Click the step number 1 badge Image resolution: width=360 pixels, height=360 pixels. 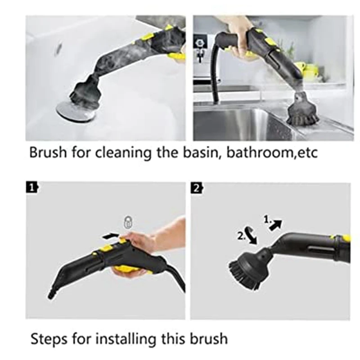pyautogui.click(x=31, y=188)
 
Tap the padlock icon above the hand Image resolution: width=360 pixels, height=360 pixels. pyautogui.click(x=128, y=222)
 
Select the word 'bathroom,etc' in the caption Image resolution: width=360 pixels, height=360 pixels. pyautogui.click(x=272, y=152)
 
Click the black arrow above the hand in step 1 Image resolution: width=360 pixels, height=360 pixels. pyautogui.click(x=111, y=235)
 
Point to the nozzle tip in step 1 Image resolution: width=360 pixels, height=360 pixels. pyautogui.click(x=50, y=295)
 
